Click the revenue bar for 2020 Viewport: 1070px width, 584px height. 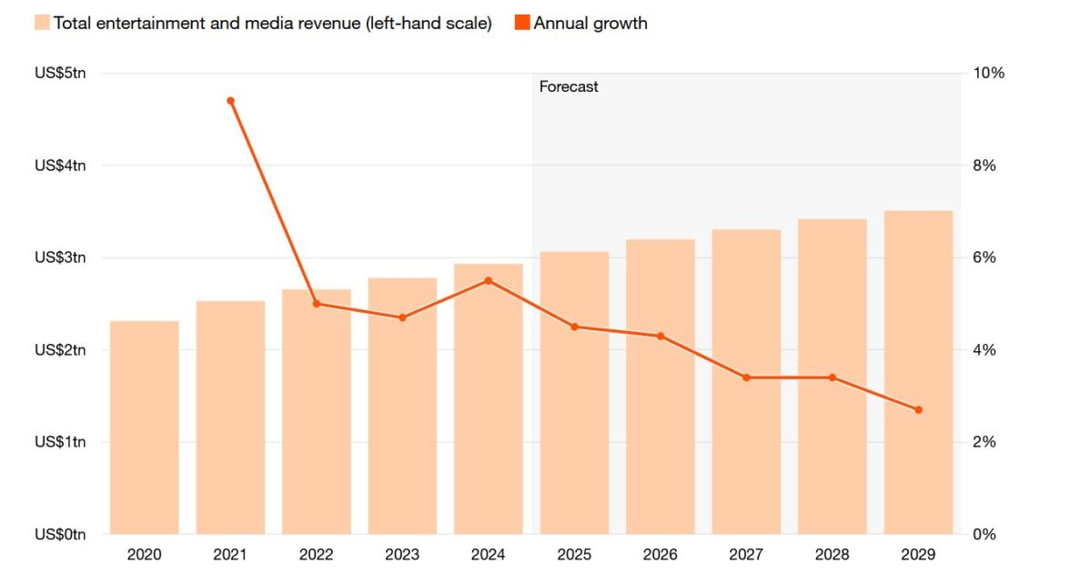coord(144,428)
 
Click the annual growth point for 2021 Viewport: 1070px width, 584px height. coord(230,100)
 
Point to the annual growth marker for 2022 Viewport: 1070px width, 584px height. coord(317,304)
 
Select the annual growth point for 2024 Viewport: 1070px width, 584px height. coord(488,280)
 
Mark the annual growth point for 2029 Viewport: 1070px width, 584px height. coord(918,410)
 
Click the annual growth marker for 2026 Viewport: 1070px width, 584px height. coord(661,337)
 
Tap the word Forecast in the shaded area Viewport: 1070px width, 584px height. coord(569,87)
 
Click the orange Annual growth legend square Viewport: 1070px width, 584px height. coord(522,23)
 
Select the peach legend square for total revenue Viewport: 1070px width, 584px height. coord(42,23)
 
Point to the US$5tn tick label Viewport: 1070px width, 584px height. coord(60,74)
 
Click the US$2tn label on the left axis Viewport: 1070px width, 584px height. coord(60,350)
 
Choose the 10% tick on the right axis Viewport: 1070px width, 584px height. coord(988,74)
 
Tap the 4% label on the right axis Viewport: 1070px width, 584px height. coord(984,350)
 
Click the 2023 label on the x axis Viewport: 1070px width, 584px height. coord(402,555)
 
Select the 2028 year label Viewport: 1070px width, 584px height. coord(833,555)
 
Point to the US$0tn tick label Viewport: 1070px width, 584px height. coord(60,534)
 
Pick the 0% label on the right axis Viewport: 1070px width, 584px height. coord(984,534)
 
